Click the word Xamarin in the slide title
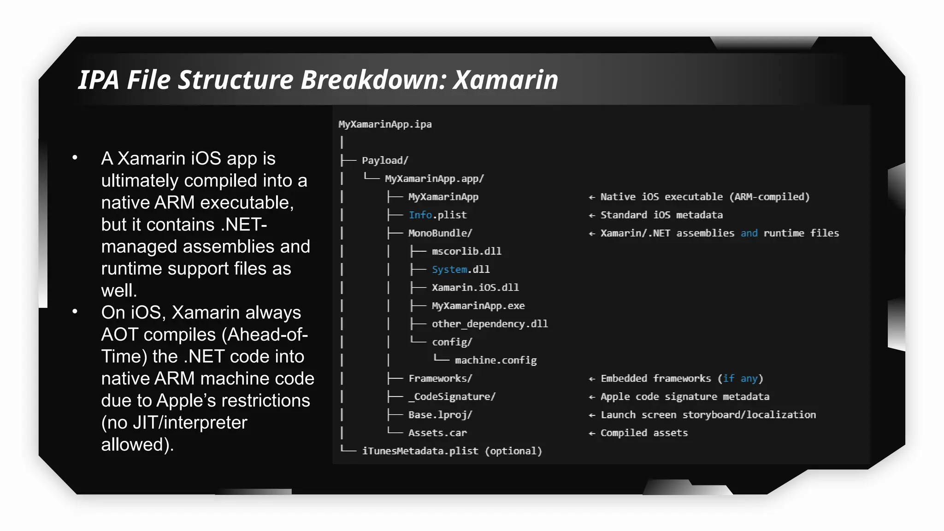505,80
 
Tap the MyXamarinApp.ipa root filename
385,124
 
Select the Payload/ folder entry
385,160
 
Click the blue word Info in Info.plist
420,215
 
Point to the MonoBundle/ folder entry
440,233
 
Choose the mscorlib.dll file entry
466,251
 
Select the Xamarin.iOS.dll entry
475,288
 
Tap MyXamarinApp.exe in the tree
478,306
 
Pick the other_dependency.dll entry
490,324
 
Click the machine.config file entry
496,360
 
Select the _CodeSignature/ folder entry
452,397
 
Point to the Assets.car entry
437,433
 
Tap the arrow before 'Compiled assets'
592,433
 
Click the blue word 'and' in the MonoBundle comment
749,233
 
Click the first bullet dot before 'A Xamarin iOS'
75,158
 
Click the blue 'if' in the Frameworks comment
728,378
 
